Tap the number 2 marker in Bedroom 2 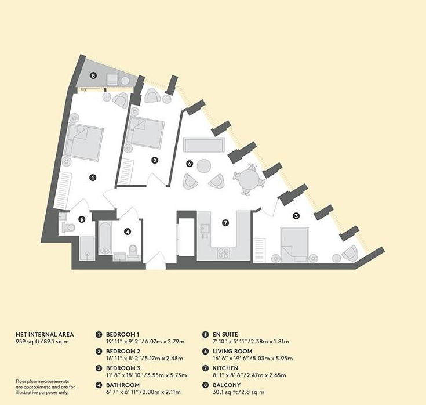click(x=155, y=160)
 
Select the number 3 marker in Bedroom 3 click(x=296, y=216)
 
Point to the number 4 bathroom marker click(x=128, y=232)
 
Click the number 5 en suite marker click(x=82, y=219)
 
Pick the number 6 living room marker click(x=190, y=164)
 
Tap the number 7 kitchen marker click(x=226, y=222)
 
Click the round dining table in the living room click(x=249, y=176)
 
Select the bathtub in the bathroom click(x=105, y=237)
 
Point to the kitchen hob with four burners click(x=223, y=253)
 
